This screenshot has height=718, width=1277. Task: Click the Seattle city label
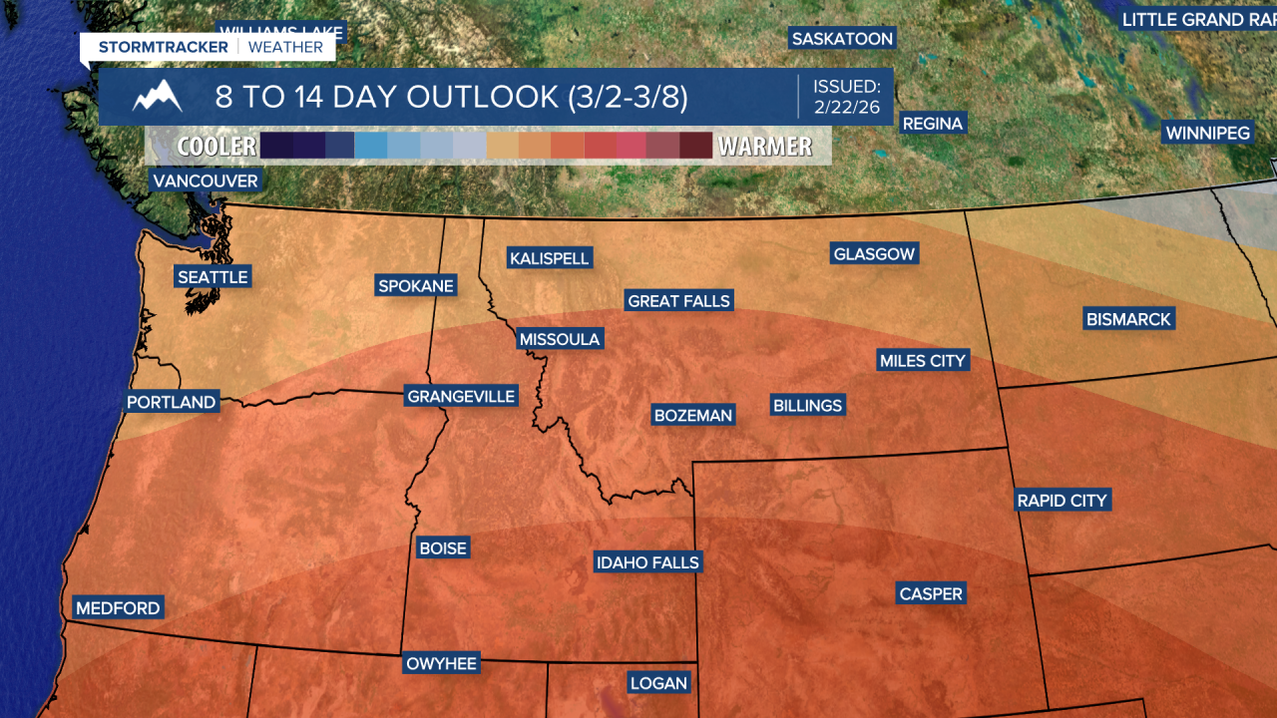(213, 276)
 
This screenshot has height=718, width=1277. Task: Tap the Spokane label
(416, 286)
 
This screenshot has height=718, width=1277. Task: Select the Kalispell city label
(550, 258)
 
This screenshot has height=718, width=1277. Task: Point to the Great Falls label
(678, 300)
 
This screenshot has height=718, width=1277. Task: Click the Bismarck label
(1128, 319)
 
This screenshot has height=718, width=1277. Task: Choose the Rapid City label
(1062, 500)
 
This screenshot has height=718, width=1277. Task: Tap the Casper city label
(931, 593)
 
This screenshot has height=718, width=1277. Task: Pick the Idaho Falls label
(647, 562)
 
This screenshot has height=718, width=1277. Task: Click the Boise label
(443, 547)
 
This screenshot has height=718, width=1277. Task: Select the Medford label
(118, 607)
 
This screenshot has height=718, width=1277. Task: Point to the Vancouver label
(206, 180)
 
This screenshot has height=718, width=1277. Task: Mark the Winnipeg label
(1207, 133)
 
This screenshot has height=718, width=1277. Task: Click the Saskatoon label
(842, 39)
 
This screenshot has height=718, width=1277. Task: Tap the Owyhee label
(441, 663)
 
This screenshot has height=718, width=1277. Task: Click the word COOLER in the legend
(216, 147)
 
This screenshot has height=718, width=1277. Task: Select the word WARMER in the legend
(765, 147)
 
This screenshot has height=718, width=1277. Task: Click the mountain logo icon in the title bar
(158, 97)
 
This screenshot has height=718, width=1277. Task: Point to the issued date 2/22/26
(847, 107)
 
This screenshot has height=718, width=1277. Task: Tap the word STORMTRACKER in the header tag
(163, 47)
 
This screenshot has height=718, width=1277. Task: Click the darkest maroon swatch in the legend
(695, 146)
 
